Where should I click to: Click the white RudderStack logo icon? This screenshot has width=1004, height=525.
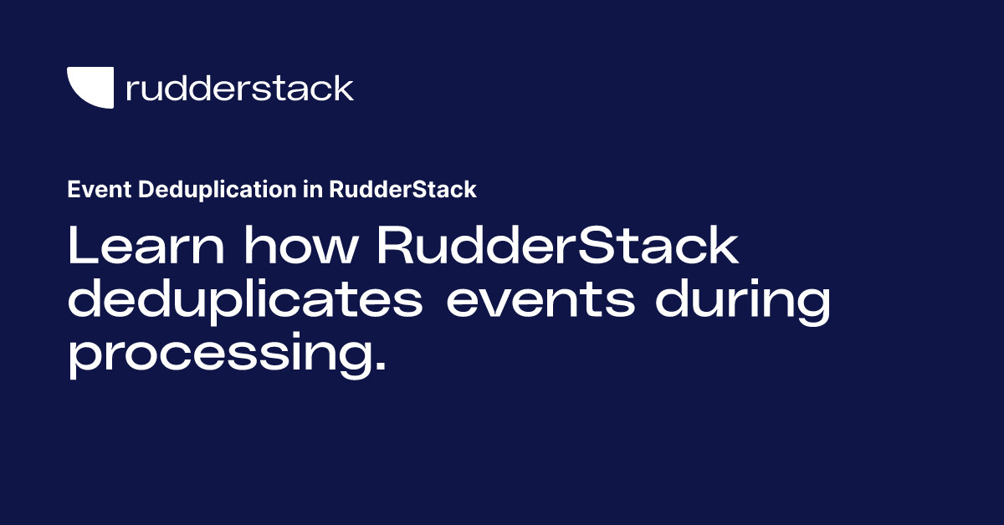pos(90,88)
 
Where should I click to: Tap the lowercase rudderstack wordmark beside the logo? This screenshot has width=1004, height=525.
pos(239,88)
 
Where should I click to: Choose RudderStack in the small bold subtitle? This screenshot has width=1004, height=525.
pos(402,190)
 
